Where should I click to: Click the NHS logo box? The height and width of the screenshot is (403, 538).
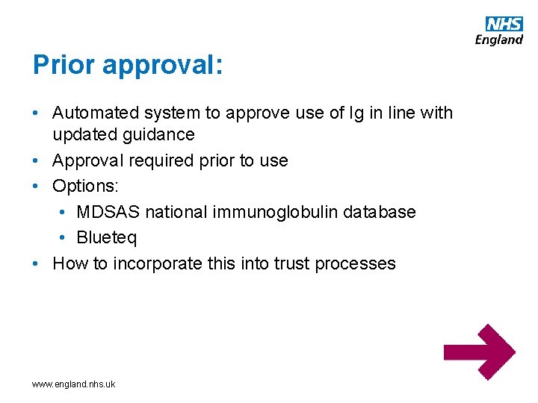504,23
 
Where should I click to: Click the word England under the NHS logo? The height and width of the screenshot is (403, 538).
499,40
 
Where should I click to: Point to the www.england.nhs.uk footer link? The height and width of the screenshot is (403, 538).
73,384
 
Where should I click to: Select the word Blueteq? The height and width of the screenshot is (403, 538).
107,238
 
